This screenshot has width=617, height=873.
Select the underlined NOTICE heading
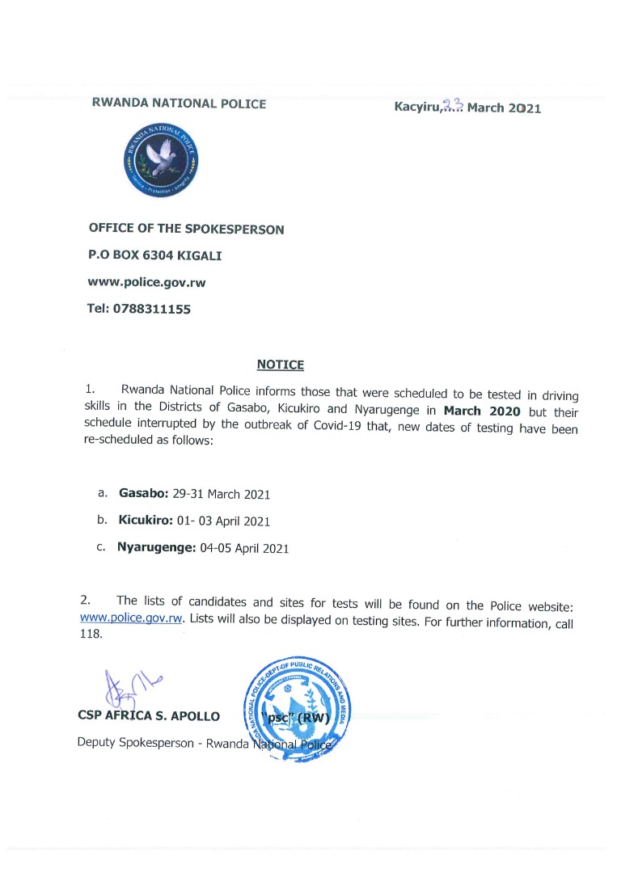280,365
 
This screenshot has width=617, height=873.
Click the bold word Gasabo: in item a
144,493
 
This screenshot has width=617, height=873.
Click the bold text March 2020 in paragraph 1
483,410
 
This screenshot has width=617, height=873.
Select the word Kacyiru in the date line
416,107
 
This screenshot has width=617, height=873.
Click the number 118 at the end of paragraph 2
91,634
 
